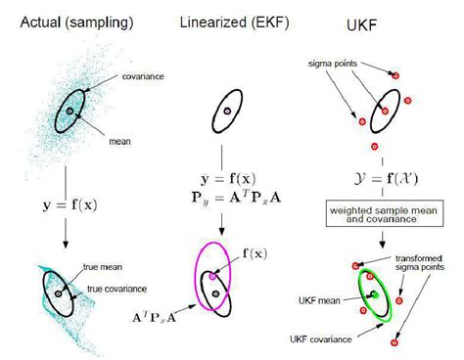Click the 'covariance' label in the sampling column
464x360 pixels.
(x=144, y=75)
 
